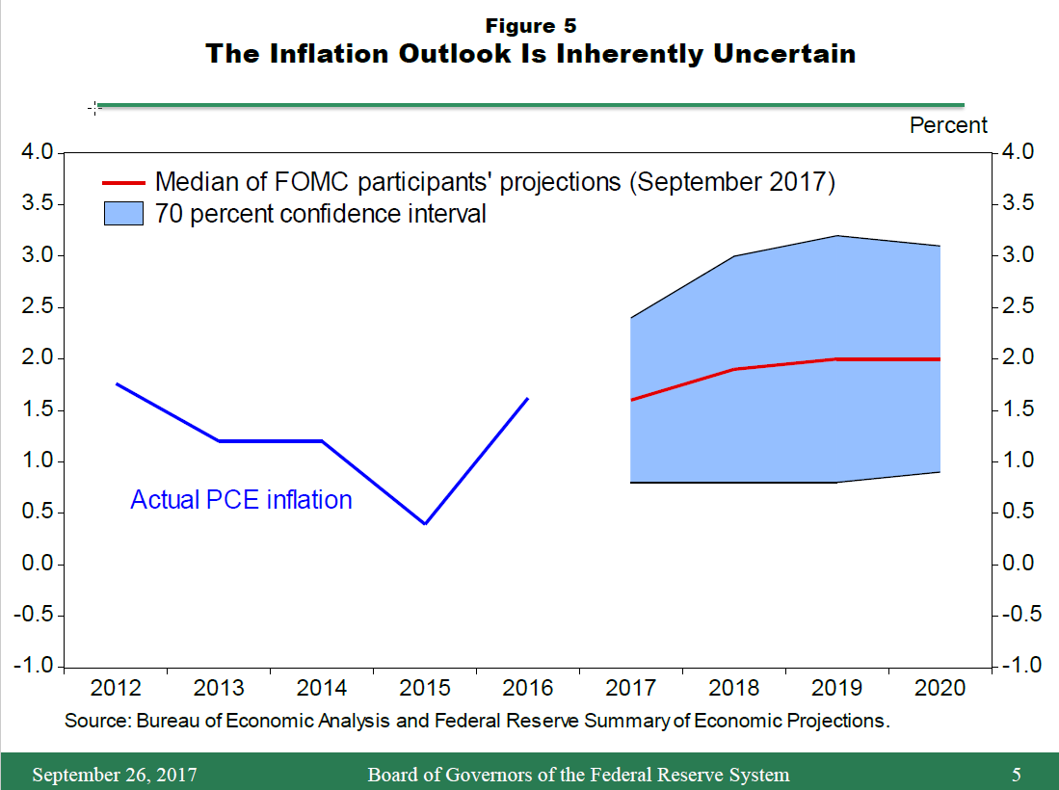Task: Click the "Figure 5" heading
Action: tap(531, 25)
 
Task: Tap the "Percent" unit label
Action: tap(948, 125)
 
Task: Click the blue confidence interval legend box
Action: tap(123, 213)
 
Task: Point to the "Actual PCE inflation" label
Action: tap(241, 500)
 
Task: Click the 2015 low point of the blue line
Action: tap(425, 523)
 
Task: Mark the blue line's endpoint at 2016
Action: tap(528, 398)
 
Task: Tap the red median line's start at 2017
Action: tap(631, 400)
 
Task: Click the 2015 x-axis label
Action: tap(425, 688)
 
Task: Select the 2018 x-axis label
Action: tap(733, 688)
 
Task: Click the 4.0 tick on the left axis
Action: tap(37, 152)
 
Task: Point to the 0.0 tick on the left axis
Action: tap(37, 564)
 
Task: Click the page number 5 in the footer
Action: tap(1017, 775)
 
